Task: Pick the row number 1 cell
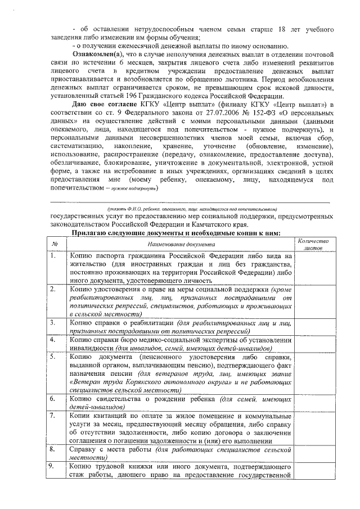coord(55,256)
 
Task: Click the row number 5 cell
coord(55,358)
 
